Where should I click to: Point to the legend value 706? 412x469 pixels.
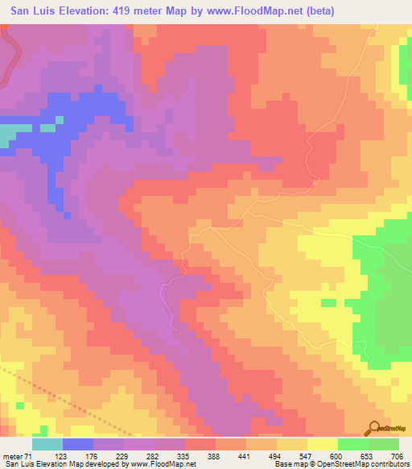tap(397, 455)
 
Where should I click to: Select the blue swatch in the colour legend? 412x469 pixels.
tap(78, 444)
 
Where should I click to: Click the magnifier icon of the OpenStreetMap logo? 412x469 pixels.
tap(375, 428)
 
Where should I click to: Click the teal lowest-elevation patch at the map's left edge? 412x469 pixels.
tap(6, 135)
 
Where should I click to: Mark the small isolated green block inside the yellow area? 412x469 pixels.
tap(328, 302)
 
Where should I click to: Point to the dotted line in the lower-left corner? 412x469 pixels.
tap(48, 391)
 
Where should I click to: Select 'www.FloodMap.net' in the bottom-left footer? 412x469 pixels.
tap(170, 464)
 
